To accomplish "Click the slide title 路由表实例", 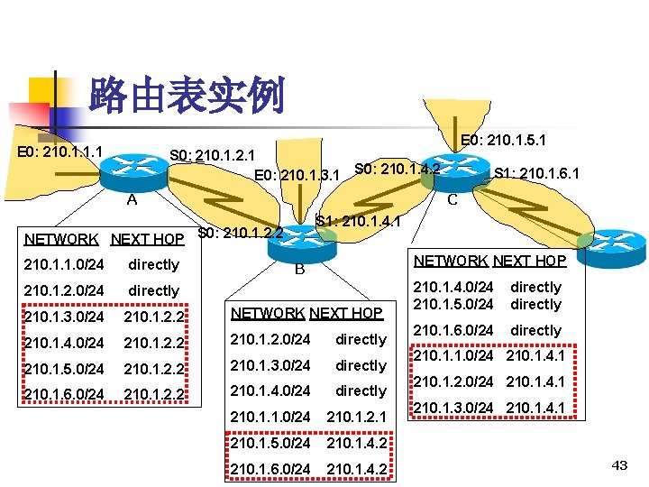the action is [187, 96].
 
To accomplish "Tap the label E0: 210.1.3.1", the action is [297, 174].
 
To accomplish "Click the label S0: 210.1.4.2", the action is [397, 168].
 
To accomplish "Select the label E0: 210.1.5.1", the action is [503, 141].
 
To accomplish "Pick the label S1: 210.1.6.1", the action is [536, 173].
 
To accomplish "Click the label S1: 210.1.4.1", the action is [358, 220].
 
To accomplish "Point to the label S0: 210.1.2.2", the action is [241, 234].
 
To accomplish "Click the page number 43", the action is [619, 464].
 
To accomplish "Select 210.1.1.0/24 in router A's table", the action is [64, 265].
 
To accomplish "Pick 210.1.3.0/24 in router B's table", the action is [270, 365].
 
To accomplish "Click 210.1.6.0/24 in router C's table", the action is [453, 331].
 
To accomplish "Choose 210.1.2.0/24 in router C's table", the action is [453, 382].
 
